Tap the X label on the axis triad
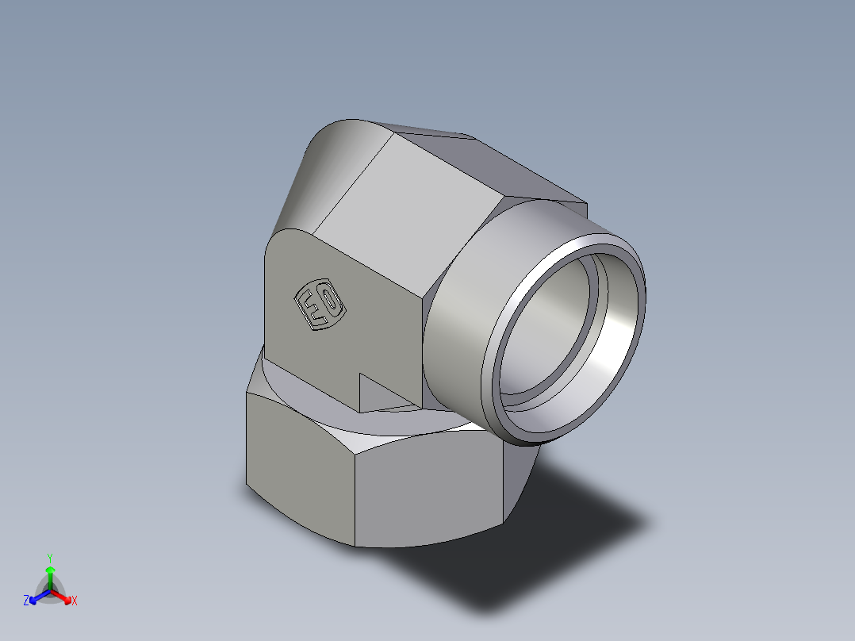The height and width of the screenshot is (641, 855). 75,601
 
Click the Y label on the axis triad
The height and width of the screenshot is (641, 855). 50,558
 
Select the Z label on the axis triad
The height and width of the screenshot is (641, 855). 26,601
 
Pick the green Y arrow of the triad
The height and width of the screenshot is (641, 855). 50,575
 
